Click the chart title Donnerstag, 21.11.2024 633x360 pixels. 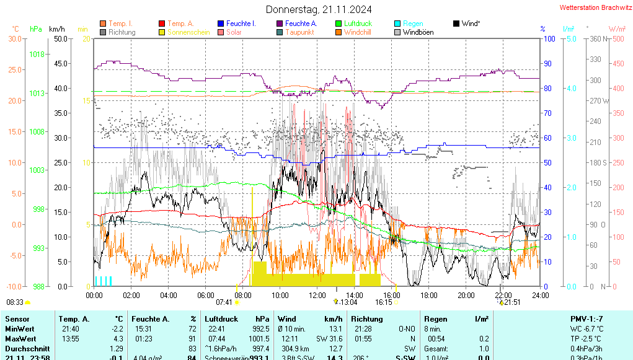319,9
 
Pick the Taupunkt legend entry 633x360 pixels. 299,32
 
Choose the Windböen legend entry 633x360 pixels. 418,32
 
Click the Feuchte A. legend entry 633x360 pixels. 301,24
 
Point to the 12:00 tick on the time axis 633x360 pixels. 317,295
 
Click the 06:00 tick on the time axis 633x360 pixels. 205,295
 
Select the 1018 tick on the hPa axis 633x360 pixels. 37,55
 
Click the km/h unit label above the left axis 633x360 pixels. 56,29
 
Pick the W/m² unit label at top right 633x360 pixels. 616,29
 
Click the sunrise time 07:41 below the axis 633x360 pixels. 224,302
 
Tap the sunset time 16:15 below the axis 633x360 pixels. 384,302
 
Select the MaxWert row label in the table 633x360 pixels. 19,339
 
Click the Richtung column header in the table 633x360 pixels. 366,318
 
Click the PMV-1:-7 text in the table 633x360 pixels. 585,318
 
